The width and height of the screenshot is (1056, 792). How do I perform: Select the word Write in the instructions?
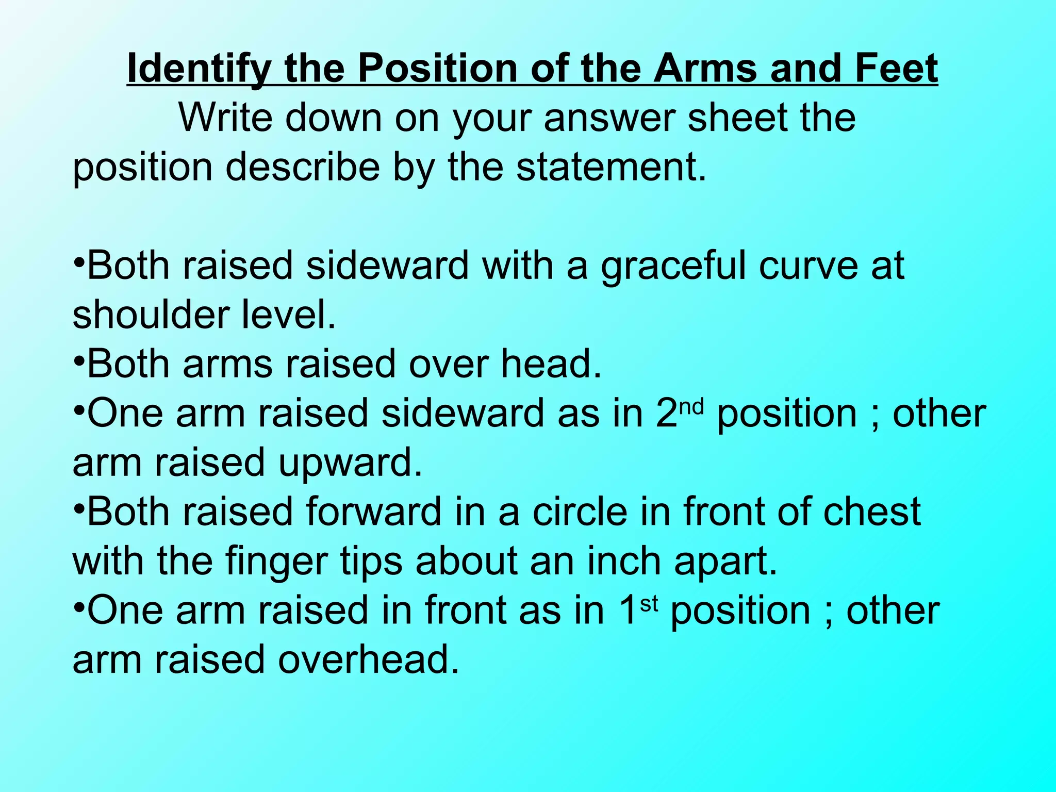225,118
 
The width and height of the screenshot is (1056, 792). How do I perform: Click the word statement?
610,167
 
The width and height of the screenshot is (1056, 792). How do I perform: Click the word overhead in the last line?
368,660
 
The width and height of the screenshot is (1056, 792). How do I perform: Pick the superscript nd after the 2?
691,407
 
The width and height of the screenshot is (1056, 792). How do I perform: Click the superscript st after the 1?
649,604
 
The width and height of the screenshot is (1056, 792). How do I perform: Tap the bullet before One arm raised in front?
78,606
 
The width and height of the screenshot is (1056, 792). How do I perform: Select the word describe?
303,167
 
